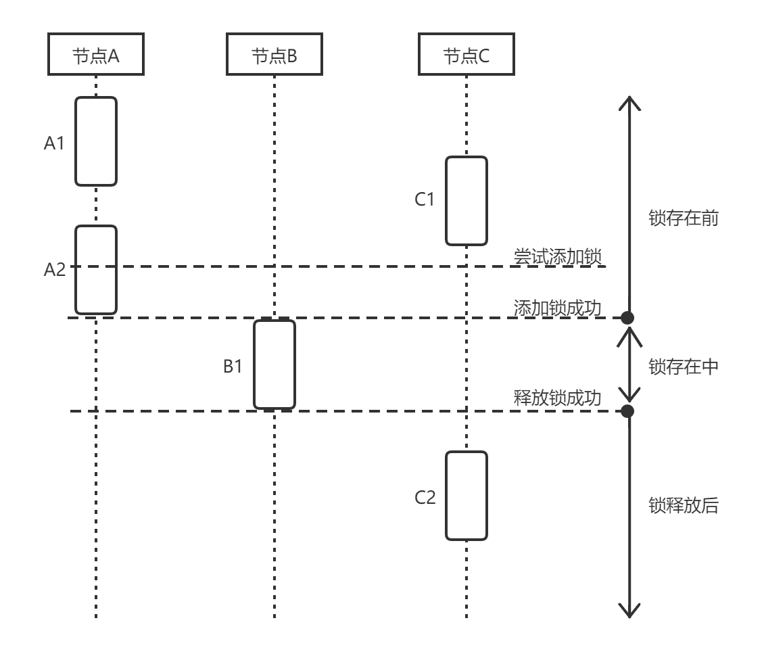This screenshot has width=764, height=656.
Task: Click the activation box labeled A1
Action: click(x=95, y=141)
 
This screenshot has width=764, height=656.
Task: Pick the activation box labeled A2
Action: click(x=95, y=270)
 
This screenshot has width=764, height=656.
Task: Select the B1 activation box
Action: click(x=274, y=365)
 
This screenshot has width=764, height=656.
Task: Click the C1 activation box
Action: click(x=466, y=201)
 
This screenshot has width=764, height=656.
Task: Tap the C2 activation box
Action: click(x=466, y=496)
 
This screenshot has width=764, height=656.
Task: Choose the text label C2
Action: click(x=425, y=498)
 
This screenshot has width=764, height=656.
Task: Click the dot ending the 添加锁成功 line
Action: click(x=628, y=317)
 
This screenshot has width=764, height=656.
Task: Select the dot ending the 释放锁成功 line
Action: click(x=628, y=411)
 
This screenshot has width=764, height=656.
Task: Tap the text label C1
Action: click(x=425, y=200)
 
